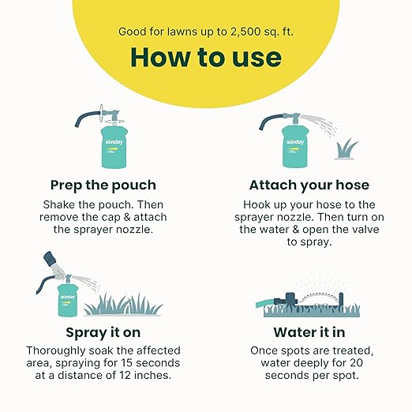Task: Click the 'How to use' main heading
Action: coord(206,58)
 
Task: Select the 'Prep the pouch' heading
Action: coord(103,185)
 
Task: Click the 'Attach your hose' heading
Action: coord(309,185)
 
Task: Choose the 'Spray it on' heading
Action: coord(103,333)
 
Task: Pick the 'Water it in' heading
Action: coord(309,332)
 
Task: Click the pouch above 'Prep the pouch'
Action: coord(114,147)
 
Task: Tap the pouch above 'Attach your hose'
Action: coord(294,146)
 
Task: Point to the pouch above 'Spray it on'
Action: coord(67,300)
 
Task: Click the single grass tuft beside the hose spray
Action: coord(346,149)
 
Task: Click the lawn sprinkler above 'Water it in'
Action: coord(310,300)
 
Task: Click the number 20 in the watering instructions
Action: coord(357,363)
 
